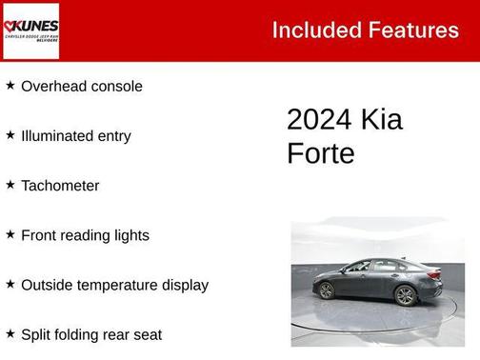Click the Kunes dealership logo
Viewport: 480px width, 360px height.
[31, 30]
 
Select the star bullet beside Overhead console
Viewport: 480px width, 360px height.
[10, 86]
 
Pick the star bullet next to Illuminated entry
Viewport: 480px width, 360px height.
[10, 135]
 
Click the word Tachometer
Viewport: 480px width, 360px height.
[60, 186]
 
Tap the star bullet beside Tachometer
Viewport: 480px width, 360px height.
[10, 185]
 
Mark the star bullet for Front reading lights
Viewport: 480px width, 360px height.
[10, 234]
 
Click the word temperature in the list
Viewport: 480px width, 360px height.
[119, 286]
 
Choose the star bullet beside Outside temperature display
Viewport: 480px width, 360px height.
[10, 284]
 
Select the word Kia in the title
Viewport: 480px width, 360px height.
[381, 120]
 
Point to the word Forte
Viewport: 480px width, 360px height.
[320, 153]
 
